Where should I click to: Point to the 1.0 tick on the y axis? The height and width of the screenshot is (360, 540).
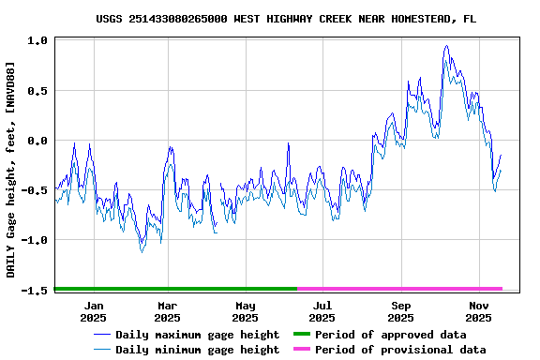[x=38, y=41]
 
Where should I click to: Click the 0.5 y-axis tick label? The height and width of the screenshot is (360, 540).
[x=38, y=91]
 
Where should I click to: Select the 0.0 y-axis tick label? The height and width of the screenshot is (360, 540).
[x=38, y=141]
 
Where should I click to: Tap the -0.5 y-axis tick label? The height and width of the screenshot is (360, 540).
[x=36, y=190]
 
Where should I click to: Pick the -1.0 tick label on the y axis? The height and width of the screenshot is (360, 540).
[x=36, y=240]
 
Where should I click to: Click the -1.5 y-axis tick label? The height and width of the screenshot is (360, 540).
[x=36, y=290]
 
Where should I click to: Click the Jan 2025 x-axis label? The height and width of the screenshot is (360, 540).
[x=94, y=311]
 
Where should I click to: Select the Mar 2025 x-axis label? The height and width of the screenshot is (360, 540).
[x=167, y=311]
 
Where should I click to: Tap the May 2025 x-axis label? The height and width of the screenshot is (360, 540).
[x=246, y=311]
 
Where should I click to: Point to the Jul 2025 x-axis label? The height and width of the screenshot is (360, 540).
[x=322, y=311]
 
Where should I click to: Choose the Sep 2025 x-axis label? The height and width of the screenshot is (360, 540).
[x=401, y=311]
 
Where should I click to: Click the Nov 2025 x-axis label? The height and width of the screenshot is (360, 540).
[x=479, y=311]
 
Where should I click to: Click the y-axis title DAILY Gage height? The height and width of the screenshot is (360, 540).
[x=10, y=169]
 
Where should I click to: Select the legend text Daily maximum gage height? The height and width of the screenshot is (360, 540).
[x=197, y=335]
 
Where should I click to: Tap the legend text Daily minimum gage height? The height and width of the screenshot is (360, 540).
[x=197, y=350]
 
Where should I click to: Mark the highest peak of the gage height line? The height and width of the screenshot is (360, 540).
[x=447, y=45]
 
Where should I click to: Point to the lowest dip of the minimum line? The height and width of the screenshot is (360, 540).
[x=142, y=252]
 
